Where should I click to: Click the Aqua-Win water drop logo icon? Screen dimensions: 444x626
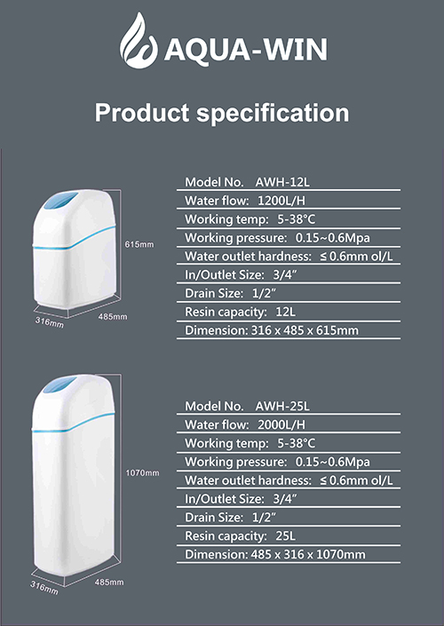(139, 41)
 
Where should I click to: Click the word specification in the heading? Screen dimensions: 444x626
(273, 114)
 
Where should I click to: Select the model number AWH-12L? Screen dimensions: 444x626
(282, 182)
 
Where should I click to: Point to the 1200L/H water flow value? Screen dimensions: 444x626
(281, 201)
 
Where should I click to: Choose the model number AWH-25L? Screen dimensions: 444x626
(282, 407)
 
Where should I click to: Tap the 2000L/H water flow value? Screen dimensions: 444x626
(281, 424)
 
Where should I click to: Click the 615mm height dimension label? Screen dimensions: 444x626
(139, 244)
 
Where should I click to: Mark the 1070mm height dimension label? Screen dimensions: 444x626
(143, 473)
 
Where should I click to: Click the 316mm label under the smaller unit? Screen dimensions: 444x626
(50, 321)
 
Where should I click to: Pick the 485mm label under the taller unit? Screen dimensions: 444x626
(109, 582)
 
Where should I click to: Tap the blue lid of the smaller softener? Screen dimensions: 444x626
(60, 201)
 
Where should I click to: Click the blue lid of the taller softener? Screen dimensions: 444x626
(59, 384)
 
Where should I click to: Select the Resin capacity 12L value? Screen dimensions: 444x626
(285, 312)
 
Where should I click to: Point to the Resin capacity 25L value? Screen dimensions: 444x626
(285, 535)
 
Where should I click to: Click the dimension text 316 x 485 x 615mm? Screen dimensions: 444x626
(305, 330)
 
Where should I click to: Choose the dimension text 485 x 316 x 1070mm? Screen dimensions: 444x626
(308, 555)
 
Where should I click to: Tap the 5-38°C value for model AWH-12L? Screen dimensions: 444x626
(297, 219)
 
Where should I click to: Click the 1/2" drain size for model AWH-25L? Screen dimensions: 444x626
(265, 518)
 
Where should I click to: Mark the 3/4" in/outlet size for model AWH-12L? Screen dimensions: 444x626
(285, 275)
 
